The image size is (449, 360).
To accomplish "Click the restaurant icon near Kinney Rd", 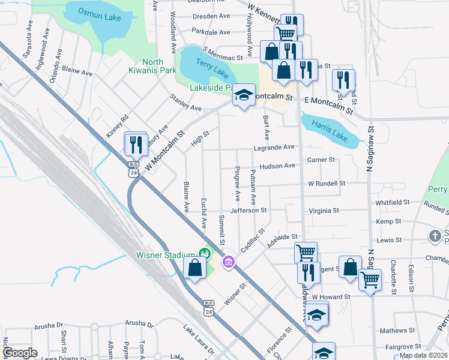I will [136, 145].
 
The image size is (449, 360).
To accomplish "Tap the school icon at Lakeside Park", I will [243, 95].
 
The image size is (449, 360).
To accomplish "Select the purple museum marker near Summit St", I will [228, 262].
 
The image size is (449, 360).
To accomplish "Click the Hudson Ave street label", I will [277, 166].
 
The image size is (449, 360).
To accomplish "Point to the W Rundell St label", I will [327, 183].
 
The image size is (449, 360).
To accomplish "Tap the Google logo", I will [20, 353].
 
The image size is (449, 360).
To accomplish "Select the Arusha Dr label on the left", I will [49, 325].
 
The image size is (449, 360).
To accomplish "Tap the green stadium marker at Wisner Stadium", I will [204, 254].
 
